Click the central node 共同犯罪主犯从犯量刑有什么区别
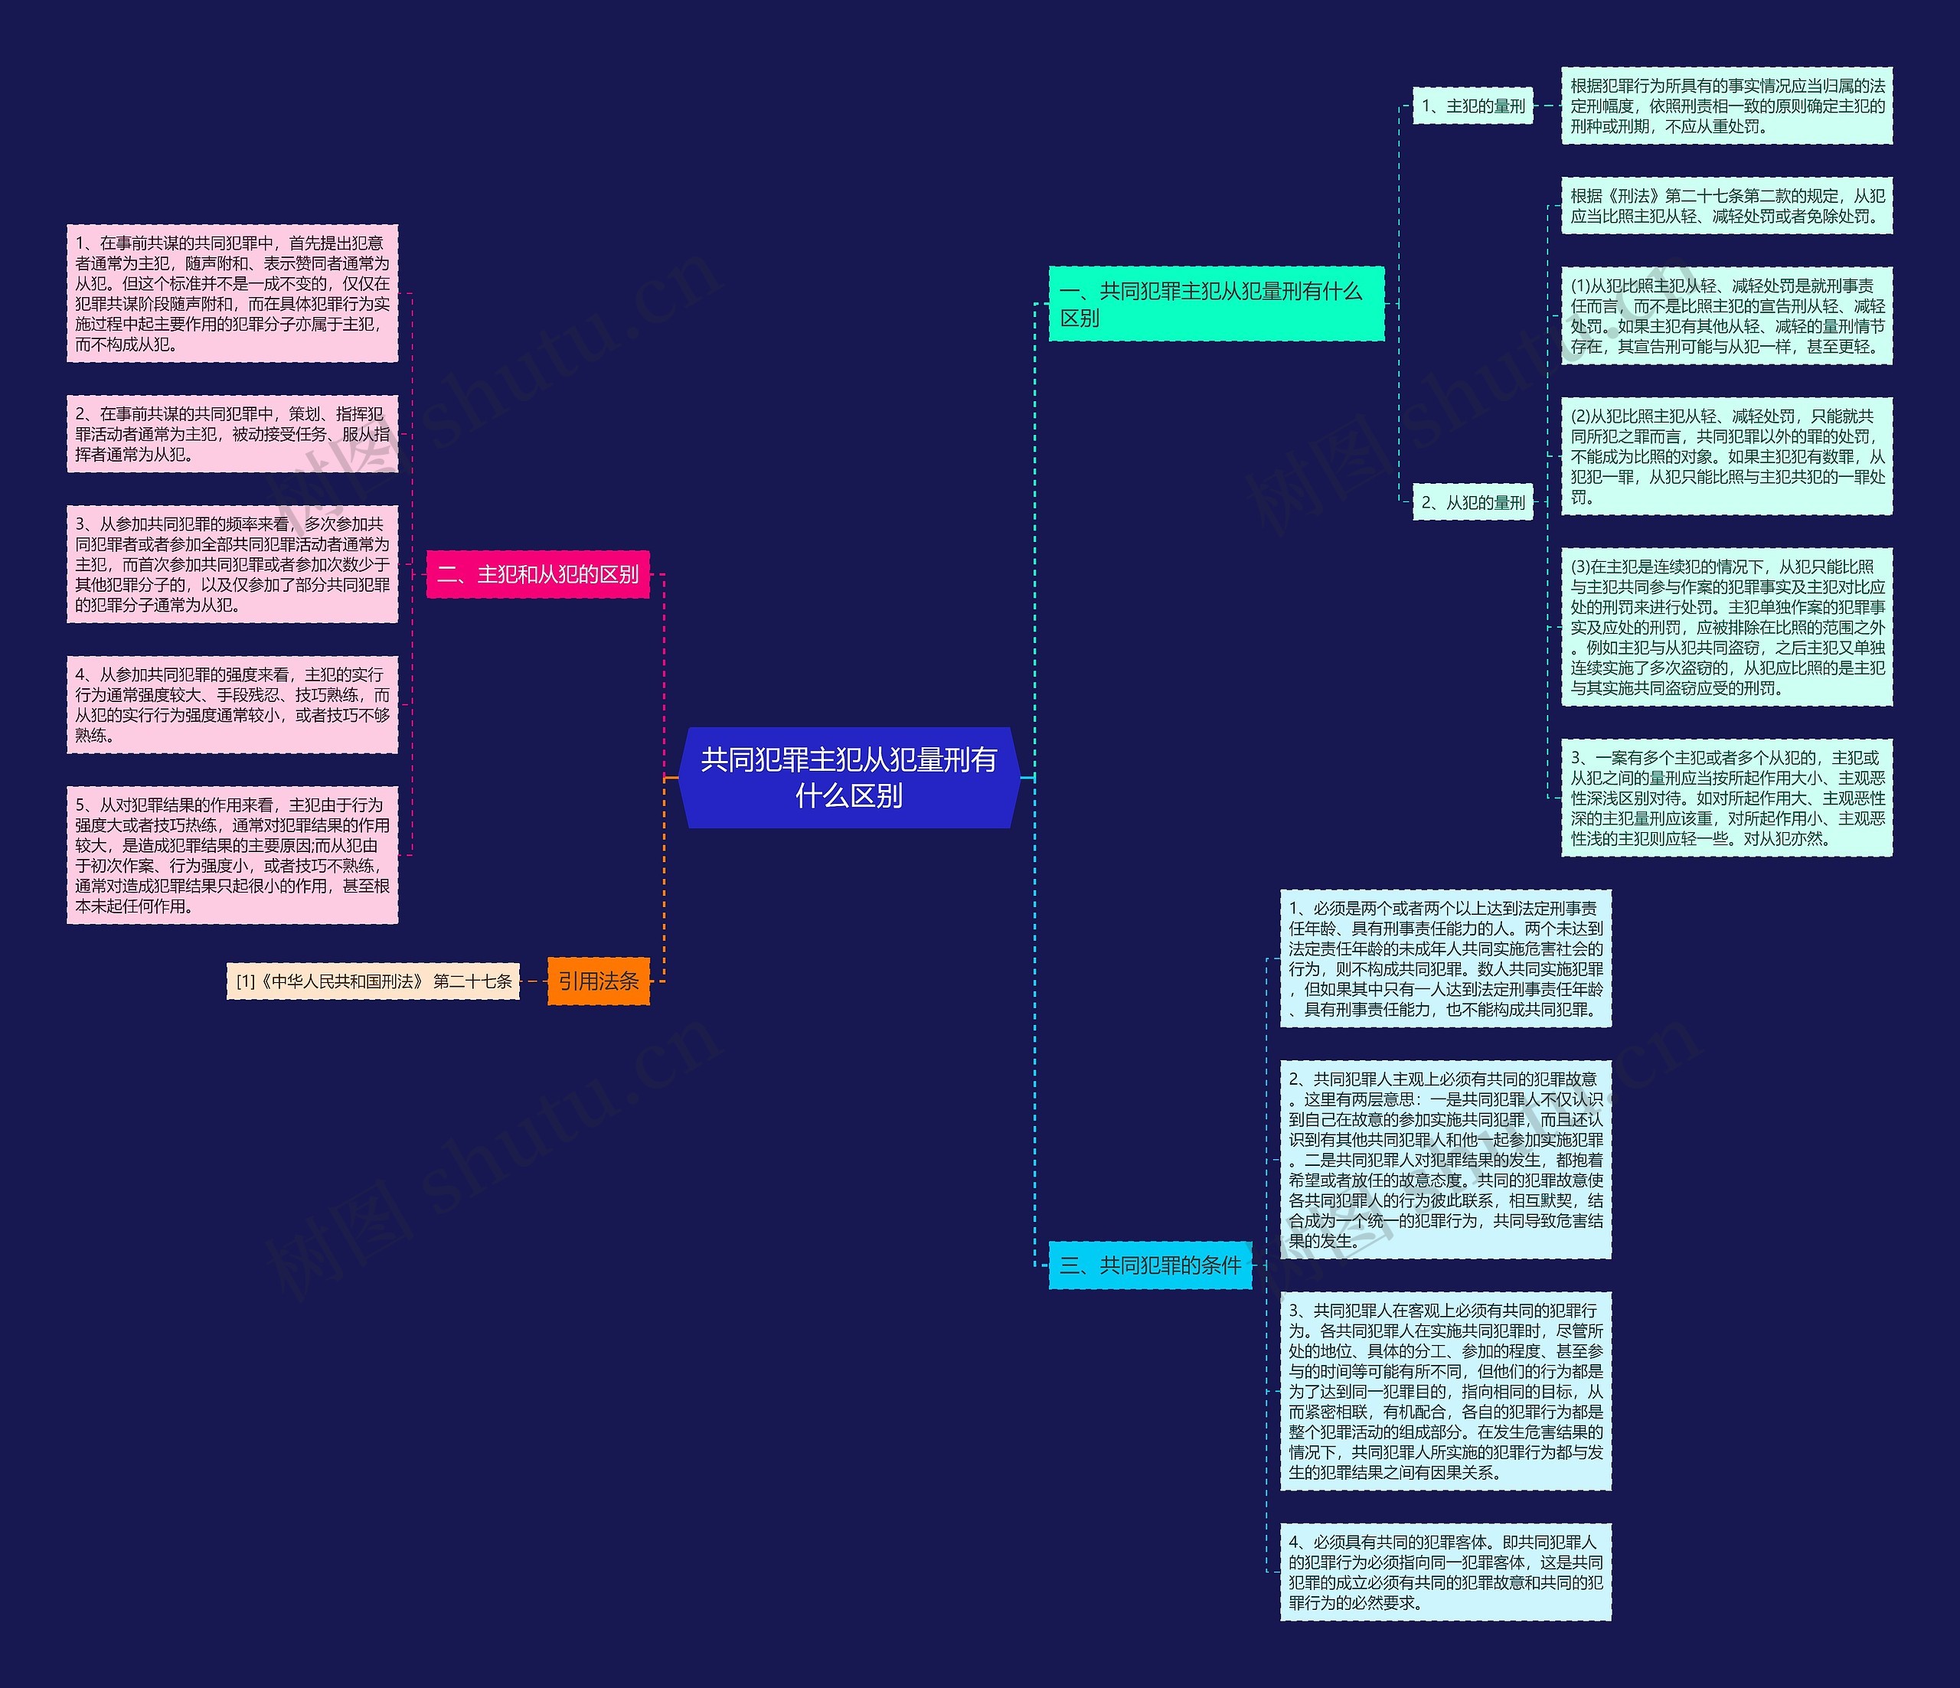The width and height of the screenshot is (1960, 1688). [x=848, y=777]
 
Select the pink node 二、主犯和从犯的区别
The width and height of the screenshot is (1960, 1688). [x=537, y=574]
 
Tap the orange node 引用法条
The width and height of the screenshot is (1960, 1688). [x=598, y=981]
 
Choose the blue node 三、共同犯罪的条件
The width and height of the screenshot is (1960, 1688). [x=1149, y=1265]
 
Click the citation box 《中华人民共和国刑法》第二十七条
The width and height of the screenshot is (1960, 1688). [x=373, y=981]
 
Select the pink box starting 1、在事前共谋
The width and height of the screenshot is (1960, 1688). [x=232, y=293]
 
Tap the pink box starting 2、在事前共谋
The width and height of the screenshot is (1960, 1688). [x=232, y=434]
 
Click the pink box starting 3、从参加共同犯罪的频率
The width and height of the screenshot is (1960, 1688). [x=232, y=563]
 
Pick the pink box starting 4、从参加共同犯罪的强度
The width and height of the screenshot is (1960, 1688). [x=232, y=704]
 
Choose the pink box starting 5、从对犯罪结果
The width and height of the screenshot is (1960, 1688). [x=232, y=855]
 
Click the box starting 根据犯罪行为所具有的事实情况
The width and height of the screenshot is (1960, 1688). [x=1726, y=106]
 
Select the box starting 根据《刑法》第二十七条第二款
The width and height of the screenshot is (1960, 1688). [x=1726, y=206]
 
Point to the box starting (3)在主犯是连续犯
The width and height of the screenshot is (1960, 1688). [x=1726, y=627]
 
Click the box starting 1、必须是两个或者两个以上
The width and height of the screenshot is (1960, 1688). [x=1445, y=958]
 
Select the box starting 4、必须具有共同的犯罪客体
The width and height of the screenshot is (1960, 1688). [x=1445, y=1572]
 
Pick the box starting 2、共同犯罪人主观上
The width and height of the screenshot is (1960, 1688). [x=1445, y=1159]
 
